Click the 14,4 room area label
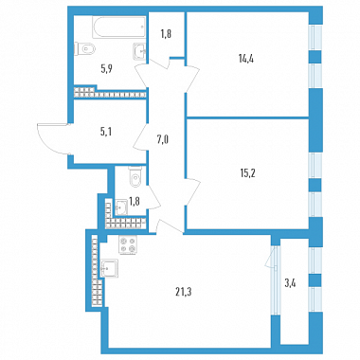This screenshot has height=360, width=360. point(246,59)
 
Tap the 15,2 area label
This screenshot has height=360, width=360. point(247,172)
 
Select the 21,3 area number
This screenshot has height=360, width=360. point(184,292)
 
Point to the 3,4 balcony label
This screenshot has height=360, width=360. point(290,283)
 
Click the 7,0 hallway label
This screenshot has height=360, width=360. point(163,138)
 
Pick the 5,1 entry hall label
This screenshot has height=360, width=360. point(106,132)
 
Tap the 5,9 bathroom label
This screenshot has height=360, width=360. point(106,68)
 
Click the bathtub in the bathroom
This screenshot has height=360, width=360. point(119,27)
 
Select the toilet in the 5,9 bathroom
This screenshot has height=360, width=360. point(84,49)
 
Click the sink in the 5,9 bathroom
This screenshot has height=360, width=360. point(140,51)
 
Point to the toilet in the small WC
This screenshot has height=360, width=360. point(135,177)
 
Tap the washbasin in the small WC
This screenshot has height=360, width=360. point(120,207)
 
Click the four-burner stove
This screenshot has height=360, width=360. point(128,244)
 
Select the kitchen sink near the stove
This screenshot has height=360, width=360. point(109,269)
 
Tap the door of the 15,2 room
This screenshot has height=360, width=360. point(192,192)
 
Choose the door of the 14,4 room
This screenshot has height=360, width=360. point(191,79)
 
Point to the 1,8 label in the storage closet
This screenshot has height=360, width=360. point(166,34)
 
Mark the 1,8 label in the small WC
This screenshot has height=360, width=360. point(135,201)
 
